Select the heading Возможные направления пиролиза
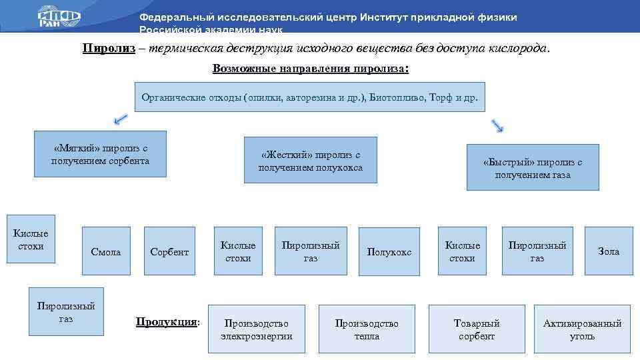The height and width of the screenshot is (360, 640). click(x=310, y=69)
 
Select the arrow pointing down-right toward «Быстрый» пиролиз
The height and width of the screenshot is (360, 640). click(x=497, y=125)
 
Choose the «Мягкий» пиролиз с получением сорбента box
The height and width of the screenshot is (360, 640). click(x=100, y=154)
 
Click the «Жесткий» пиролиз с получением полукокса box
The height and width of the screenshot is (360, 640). click(x=311, y=160)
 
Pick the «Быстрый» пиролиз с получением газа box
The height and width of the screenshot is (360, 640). click(x=533, y=167)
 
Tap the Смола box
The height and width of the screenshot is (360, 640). click(x=106, y=251)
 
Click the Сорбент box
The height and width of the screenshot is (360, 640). click(x=169, y=251)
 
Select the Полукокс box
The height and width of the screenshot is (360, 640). click(x=389, y=251)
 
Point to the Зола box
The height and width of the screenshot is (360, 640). click(x=609, y=251)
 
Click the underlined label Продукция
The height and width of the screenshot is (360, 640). click(x=167, y=322)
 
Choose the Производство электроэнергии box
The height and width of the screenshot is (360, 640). click(x=257, y=329)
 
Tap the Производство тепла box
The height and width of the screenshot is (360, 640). click(x=367, y=329)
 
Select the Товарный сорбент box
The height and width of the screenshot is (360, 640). click(x=477, y=329)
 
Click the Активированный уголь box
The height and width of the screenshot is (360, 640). click(x=583, y=329)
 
